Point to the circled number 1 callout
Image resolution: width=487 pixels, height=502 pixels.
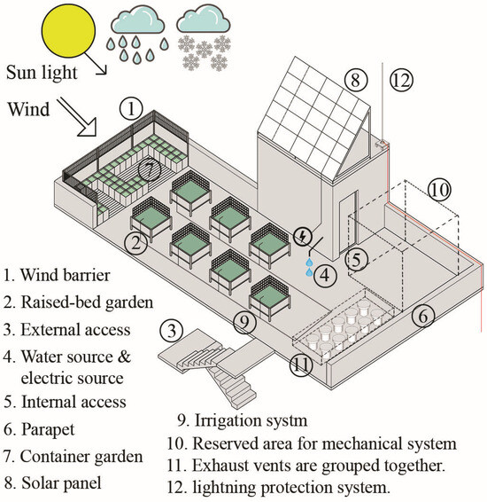point(131,109)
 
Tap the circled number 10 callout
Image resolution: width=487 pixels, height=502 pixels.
point(439,189)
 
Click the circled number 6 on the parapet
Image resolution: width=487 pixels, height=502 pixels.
point(422,314)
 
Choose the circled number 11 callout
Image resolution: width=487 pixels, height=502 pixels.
point(302,363)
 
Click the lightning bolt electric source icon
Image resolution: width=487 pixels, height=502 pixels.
point(306,236)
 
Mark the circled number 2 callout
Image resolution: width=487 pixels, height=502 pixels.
point(135,243)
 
